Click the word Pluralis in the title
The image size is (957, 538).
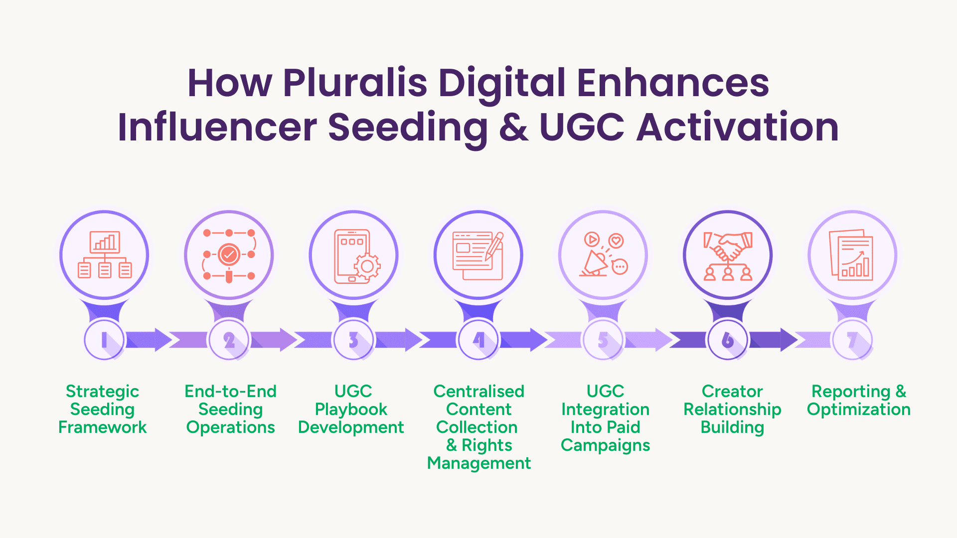click(x=355, y=83)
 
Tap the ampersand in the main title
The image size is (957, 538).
click(x=514, y=128)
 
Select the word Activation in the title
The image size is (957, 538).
click(x=738, y=127)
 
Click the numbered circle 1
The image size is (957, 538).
click(x=104, y=340)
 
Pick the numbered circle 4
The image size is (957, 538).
click(x=478, y=340)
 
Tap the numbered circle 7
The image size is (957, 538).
click(x=852, y=340)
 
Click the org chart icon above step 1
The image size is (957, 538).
click(x=105, y=255)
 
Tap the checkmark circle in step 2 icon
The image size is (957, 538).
click(x=229, y=255)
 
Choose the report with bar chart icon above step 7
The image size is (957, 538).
click(x=851, y=255)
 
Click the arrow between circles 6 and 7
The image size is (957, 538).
click(x=773, y=340)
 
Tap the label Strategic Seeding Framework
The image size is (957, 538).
click(x=103, y=409)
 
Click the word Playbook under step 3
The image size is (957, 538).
click(x=351, y=409)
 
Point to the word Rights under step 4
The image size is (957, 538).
click(x=487, y=445)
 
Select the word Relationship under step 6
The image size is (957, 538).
click(x=732, y=409)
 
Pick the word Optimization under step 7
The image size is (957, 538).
click(x=859, y=409)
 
